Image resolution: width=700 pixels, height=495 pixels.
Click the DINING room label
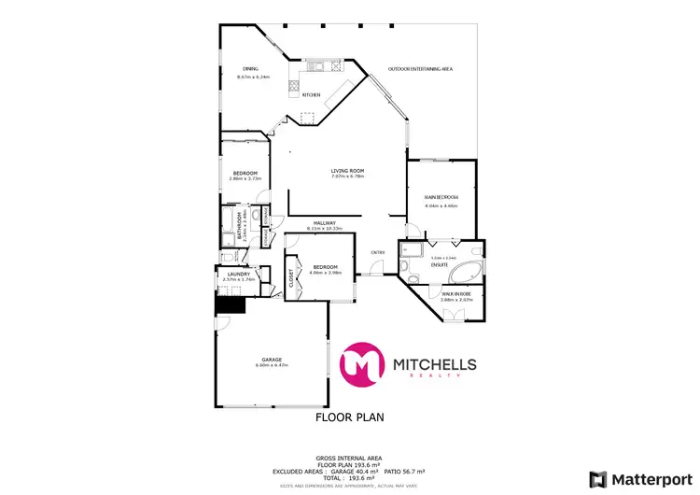pyautogui.click(x=250, y=68)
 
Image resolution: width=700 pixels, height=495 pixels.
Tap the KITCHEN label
pyautogui.click(x=312, y=94)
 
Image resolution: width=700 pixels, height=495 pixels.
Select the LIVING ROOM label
pyautogui.click(x=347, y=170)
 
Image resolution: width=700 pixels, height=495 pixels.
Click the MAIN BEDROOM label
pyautogui.click(x=441, y=198)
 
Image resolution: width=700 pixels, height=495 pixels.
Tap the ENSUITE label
pyautogui.click(x=438, y=264)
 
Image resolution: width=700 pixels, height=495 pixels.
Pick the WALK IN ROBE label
pyautogui.click(x=456, y=293)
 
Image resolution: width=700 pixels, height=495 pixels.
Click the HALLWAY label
pyautogui.click(x=325, y=222)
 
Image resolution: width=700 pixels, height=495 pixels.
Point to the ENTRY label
pyautogui.click(x=378, y=252)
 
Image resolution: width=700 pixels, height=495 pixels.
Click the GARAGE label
pyautogui.click(x=272, y=359)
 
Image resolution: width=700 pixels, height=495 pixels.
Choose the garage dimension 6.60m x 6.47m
pyautogui.click(x=272, y=365)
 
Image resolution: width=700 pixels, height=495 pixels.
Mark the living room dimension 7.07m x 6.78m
pyautogui.click(x=347, y=177)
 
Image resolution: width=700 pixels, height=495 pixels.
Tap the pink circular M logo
pyautogui.click(x=363, y=364)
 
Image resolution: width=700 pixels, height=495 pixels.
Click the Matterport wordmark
pyautogui.click(x=651, y=478)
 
